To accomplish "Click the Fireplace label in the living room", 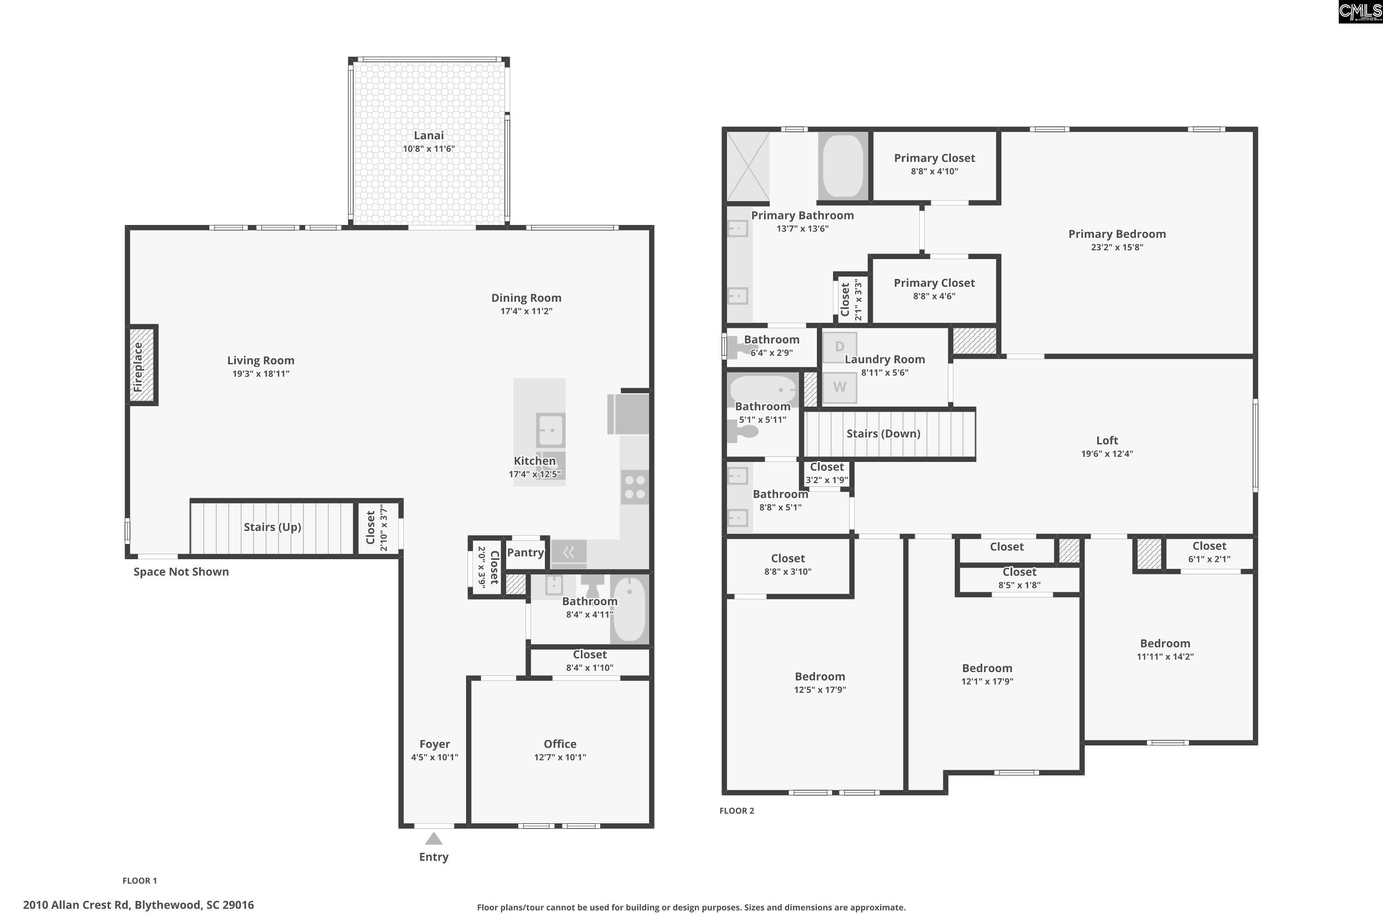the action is pos(137,367).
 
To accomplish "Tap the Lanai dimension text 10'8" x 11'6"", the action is pos(429,149).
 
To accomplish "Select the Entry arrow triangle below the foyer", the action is pos(433,839).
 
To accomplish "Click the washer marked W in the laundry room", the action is pos(839,387).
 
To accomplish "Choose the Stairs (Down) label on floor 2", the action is pos(883,434).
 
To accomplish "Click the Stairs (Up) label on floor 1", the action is pos(272,527).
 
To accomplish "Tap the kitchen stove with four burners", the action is pos(635,487).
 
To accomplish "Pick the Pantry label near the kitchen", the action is pos(525,553).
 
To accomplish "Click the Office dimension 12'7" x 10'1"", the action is pos(560,757).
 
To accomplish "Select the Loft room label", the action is pos(1107,440).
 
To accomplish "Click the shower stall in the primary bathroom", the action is pos(748,166).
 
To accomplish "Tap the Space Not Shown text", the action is pos(181,572).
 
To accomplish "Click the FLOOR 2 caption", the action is pos(737,811).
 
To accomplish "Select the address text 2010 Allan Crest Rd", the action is pos(77,905).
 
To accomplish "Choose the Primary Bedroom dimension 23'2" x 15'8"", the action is pos(1117,248).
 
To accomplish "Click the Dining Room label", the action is pos(526,298).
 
